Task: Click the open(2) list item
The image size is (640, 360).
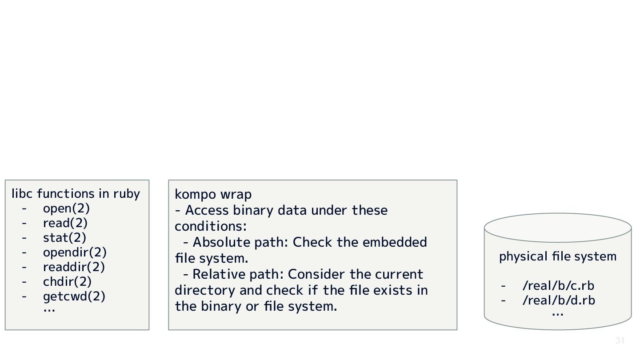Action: click(66, 208)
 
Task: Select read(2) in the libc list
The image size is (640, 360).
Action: click(65, 223)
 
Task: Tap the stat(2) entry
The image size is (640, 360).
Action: click(64, 238)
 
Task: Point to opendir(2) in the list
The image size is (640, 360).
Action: click(75, 252)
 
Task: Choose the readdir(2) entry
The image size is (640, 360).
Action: click(74, 267)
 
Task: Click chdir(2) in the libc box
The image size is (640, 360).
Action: click(67, 282)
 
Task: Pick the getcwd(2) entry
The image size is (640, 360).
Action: click(74, 296)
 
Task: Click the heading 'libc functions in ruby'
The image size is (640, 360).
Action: click(76, 194)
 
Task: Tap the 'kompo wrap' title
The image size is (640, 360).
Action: click(213, 194)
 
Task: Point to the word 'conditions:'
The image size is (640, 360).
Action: click(210, 226)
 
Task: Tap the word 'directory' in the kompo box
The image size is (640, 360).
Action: click(205, 290)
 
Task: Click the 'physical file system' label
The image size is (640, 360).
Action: click(558, 256)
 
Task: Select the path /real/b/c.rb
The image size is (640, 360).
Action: click(558, 286)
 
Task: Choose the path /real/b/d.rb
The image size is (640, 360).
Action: click(559, 300)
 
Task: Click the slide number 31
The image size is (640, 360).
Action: click(620, 341)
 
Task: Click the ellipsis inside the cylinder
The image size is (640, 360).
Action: click(557, 314)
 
